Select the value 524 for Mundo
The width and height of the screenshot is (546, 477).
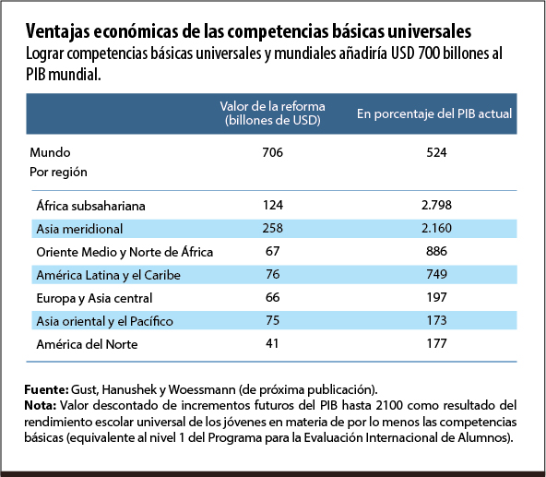click(x=436, y=151)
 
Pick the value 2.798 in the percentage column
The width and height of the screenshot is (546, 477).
click(x=436, y=205)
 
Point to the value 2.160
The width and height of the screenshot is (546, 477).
click(x=436, y=228)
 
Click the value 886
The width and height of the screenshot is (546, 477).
click(x=436, y=251)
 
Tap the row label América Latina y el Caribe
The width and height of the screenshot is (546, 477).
click(x=109, y=274)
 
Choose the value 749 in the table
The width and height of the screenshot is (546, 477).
click(x=436, y=274)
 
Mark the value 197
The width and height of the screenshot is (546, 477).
click(x=436, y=297)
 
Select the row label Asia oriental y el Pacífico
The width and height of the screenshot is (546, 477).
click(x=104, y=321)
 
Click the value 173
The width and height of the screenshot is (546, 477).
click(x=436, y=321)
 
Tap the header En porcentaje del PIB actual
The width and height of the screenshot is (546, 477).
click(x=434, y=113)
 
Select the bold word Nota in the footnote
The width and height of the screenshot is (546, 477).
click(x=42, y=405)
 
